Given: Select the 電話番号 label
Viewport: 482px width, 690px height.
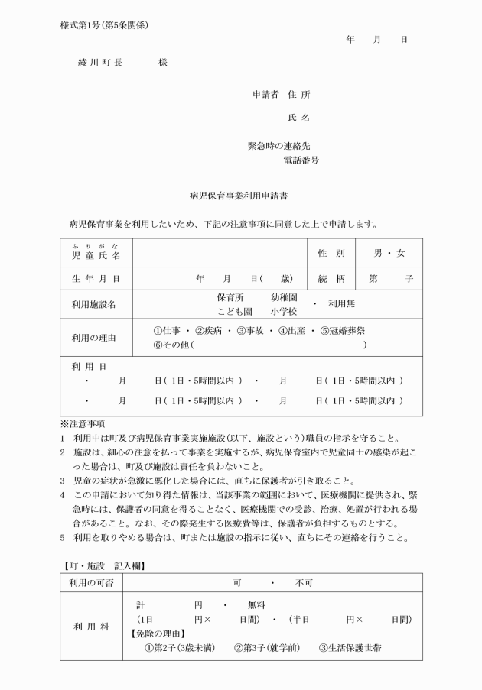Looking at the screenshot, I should tap(301, 160).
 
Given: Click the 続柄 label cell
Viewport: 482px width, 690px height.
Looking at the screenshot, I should tap(331, 279).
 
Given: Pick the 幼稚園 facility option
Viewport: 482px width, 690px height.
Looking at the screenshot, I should tap(284, 297).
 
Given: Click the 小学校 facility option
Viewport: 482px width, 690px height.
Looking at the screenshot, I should tap(284, 311).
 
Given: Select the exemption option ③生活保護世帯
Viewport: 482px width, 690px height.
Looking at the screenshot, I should tap(350, 648).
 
